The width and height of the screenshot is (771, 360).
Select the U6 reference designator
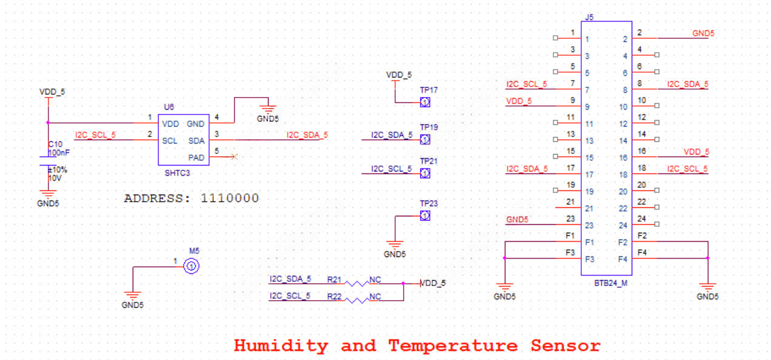click(x=169, y=107)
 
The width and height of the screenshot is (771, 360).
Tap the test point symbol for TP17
click(x=425, y=102)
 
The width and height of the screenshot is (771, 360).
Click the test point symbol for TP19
click(x=425, y=140)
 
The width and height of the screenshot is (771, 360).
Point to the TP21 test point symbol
click(x=425, y=174)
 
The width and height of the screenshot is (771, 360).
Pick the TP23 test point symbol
click(x=425, y=216)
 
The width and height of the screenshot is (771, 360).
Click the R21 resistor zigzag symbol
click(x=356, y=283)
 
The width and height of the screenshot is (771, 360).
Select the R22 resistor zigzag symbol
click(x=356, y=300)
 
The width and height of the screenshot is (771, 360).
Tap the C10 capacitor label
click(x=55, y=144)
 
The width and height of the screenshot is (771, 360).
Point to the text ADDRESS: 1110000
click(x=192, y=198)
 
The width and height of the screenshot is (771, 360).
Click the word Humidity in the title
click(x=281, y=346)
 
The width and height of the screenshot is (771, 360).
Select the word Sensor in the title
click(x=566, y=346)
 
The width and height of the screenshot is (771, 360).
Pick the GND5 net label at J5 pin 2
click(x=703, y=33)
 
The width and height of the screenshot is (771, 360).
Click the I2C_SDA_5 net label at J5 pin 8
click(x=687, y=84)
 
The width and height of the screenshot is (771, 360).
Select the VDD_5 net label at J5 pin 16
click(x=696, y=152)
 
